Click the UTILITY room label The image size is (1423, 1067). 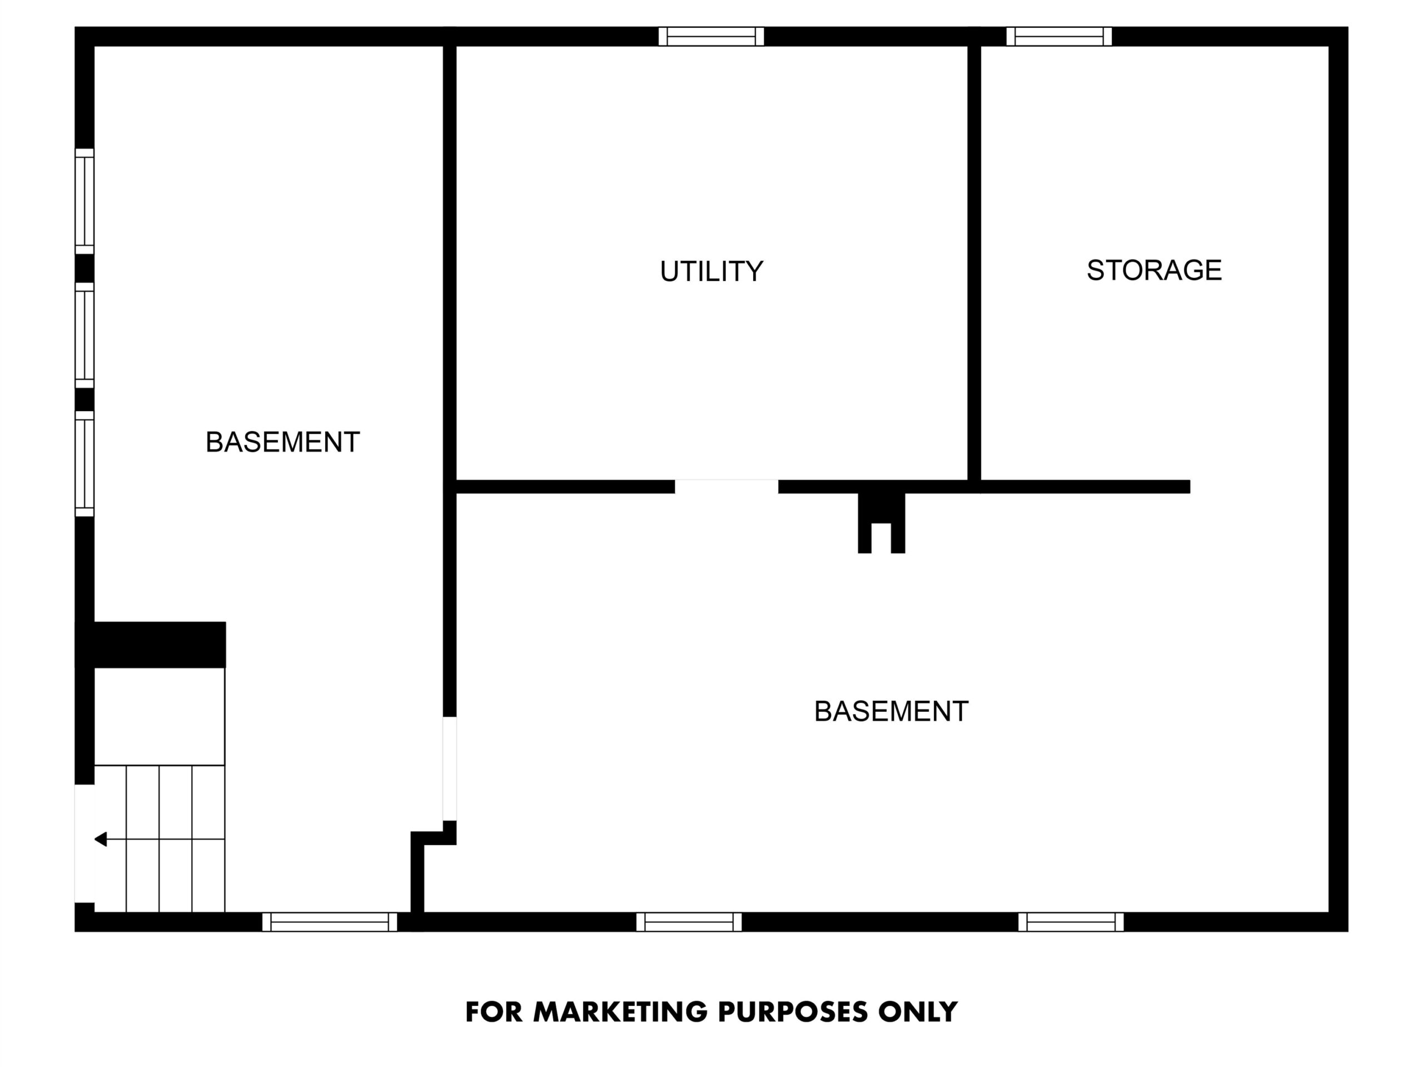(x=711, y=271)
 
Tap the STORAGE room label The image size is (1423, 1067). (x=1154, y=270)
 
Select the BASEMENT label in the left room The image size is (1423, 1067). (x=282, y=442)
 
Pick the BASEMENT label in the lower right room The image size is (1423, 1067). (x=891, y=711)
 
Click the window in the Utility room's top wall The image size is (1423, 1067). (x=711, y=37)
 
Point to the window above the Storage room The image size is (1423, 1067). (x=1059, y=37)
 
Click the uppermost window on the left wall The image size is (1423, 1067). (x=84, y=201)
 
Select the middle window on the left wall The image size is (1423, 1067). (x=84, y=335)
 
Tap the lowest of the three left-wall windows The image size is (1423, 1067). (x=84, y=463)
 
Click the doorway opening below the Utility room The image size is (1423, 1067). (x=727, y=486)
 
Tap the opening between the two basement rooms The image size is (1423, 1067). (x=450, y=769)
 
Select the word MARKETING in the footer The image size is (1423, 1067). (x=620, y=1011)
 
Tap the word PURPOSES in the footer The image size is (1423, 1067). (x=793, y=1011)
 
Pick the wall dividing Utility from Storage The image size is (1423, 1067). (x=974, y=262)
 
